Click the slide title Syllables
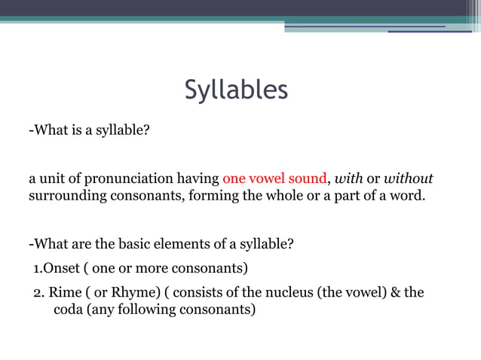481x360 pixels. (x=236, y=90)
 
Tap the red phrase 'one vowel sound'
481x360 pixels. (x=274, y=179)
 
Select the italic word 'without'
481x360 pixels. (x=409, y=179)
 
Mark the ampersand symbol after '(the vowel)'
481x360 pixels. (x=395, y=292)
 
